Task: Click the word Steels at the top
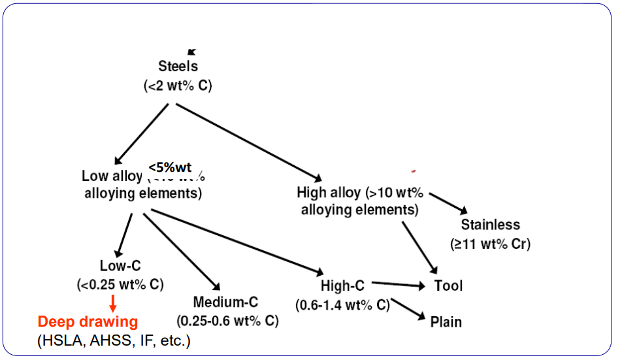tap(178, 66)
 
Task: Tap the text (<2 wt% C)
tap(178, 86)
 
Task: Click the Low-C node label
tap(120, 265)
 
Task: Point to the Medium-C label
tap(225, 303)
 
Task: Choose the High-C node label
tap(342, 286)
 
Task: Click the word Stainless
tap(491, 225)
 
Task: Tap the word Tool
tap(448, 286)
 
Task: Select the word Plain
tap(446, 321)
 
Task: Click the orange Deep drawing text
tap(88, 321)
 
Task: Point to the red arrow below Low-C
tap(112, 303)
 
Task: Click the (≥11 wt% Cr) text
tap(490, 244)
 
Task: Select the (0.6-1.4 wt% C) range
tap(342, 304)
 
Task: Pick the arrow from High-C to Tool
tap(399, 284)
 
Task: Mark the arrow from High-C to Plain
tap(408, 310)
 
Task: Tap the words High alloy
tap(328, 193)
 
